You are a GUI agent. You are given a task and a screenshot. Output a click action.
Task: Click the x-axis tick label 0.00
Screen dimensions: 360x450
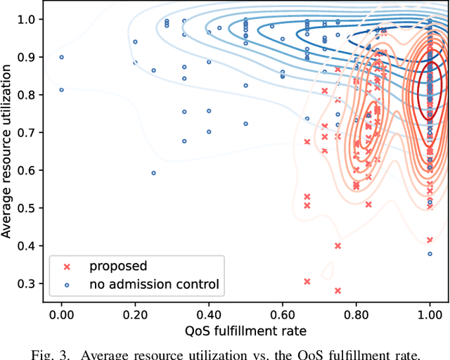[61, 312]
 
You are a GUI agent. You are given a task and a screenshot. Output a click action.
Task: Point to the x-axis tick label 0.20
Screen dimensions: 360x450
[135, 312]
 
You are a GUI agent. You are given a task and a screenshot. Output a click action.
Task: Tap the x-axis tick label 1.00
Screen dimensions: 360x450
[430, 312]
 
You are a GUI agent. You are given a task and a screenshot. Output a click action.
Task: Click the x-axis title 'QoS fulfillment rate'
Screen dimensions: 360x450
[245, 328]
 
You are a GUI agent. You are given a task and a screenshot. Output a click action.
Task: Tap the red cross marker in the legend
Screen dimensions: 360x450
[67, 266]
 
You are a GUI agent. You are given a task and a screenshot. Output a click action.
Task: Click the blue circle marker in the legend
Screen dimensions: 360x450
[67, 284]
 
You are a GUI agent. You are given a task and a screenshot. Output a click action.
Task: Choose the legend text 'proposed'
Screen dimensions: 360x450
[118, 266]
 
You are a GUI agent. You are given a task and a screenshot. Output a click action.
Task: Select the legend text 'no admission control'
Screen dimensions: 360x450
[154, 284]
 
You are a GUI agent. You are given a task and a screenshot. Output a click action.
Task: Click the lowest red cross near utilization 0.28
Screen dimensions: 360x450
[337, 290]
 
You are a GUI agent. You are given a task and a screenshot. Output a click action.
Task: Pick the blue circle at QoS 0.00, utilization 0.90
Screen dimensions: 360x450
[61, 57]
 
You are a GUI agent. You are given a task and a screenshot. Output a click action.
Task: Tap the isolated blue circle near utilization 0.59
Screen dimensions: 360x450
[153, 173]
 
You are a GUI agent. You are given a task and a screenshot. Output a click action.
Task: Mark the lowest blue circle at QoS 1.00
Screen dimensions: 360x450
[430, 254]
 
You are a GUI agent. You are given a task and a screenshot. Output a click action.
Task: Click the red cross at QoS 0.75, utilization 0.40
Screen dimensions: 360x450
[337, 245]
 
